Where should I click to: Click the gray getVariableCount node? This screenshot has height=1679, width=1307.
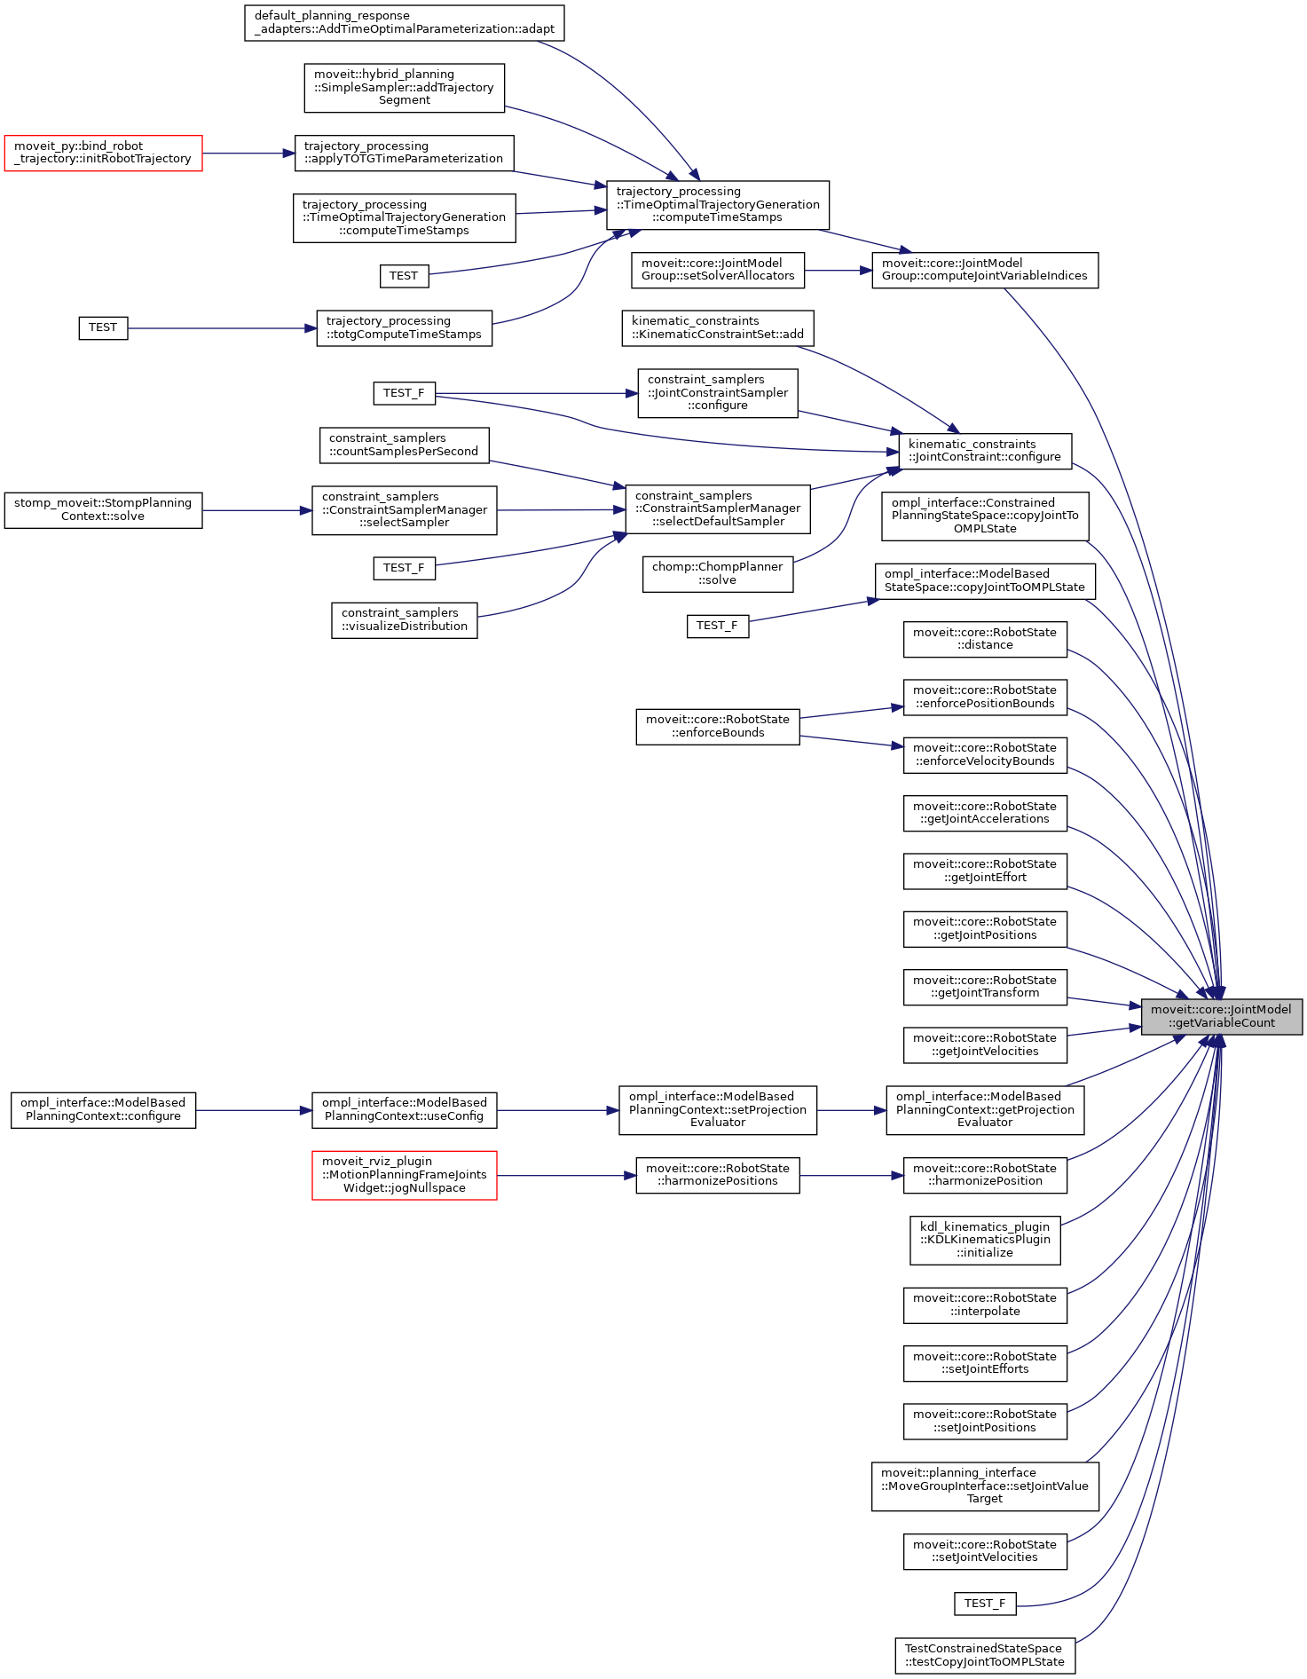tap(1221, 1016)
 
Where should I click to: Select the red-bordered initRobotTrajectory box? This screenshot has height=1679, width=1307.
tap(103, 153)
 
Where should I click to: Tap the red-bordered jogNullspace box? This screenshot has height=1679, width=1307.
tap(404, 1175)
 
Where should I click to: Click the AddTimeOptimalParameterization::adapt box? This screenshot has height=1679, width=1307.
tap(404, 22)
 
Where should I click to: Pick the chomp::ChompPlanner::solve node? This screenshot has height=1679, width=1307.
tap(717, 573)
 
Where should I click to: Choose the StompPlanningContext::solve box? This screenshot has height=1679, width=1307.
tap(103, 509)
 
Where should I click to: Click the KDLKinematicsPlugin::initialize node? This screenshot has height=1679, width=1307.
tap(985, 1240)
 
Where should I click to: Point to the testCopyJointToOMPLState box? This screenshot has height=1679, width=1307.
tap(985, 1655)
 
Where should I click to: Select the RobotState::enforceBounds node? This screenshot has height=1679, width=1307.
tap(717, 726)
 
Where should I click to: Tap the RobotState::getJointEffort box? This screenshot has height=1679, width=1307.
tap(985, 871)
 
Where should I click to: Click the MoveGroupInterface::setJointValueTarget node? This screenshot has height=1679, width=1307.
tap(985, 1486)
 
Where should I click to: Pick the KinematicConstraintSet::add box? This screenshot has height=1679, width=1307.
tap(717, 327)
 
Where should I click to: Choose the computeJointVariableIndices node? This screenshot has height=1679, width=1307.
tap(985, 270)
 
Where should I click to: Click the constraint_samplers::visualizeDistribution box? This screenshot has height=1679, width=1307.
tap(404, 619)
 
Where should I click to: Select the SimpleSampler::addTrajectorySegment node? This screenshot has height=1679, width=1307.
tap(404, 87)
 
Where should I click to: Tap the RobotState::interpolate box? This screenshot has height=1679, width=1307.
tap(985, 1305)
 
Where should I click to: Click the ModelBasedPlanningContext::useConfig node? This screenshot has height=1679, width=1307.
tap(404, 1109)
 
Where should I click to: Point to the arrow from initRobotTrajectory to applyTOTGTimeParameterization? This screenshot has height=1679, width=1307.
tap(248, 154)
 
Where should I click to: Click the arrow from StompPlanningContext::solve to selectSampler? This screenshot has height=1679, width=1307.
tap(256, 510)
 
